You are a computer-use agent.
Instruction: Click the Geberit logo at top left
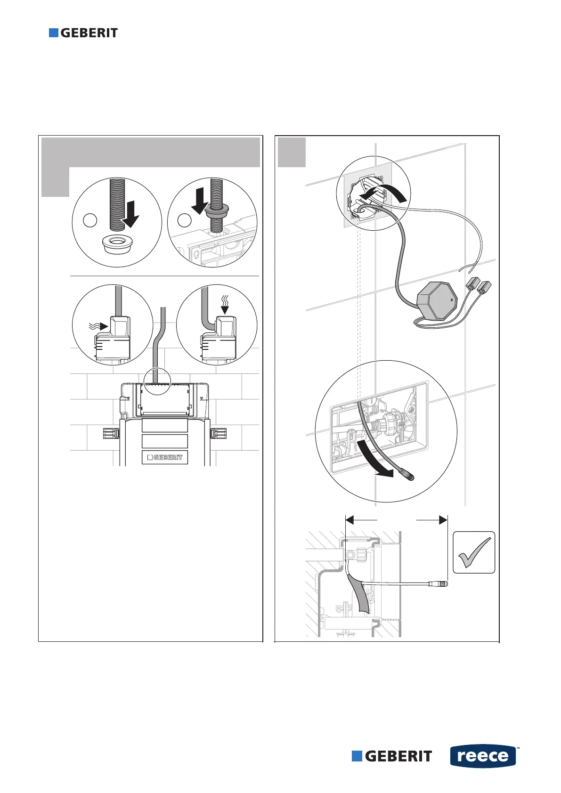click(83, 33)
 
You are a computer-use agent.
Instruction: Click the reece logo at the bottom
click(483, 756)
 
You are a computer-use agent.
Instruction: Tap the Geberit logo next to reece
click(392, 756)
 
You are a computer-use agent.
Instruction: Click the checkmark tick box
click(474, 552)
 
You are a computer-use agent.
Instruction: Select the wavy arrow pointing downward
click(225, 304)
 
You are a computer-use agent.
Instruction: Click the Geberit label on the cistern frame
click(165, 457)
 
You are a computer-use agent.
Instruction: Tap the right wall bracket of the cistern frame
click(219, 433)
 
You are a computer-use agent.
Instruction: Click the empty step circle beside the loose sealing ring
click(90, 220)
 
